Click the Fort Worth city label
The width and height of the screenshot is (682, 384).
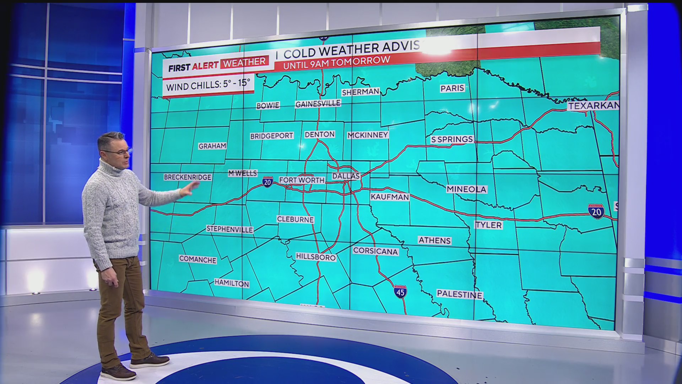click(302, 180)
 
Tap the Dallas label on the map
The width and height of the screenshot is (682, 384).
click(346, 176)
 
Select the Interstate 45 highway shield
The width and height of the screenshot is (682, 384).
click(400, 292)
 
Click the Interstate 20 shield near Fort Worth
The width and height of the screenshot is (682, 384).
click(267, 182)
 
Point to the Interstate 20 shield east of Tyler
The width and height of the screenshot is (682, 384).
click(596, 212)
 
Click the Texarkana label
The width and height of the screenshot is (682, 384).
click(593, 106)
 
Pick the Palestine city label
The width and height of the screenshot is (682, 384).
click(459, 294)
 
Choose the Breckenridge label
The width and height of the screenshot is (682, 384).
click(188, 177)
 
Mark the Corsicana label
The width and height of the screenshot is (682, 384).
click(375, 251)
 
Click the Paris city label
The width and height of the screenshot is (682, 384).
click(452, 88)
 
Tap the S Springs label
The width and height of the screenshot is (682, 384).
click(452, 139)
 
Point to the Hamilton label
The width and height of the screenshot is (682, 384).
click(232, 283)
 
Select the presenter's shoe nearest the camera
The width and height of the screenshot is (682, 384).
click(118, 372)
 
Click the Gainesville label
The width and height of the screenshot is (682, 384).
click(318, 104)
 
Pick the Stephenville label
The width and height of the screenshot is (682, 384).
click(229, 229)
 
